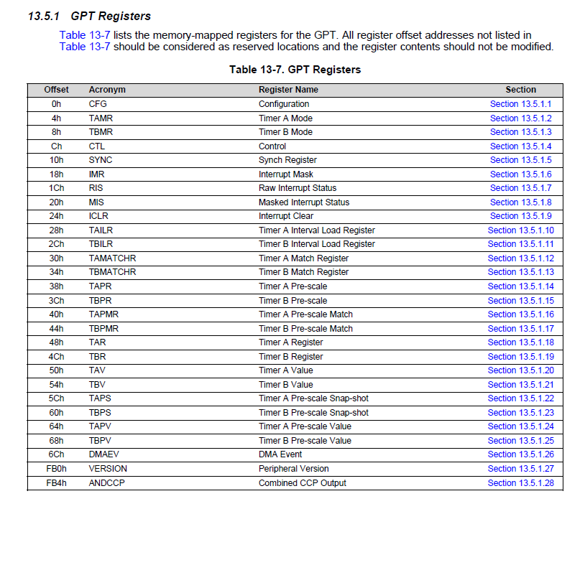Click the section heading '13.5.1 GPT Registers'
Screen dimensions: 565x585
point(89,16)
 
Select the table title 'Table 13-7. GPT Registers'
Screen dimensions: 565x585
point(295,70)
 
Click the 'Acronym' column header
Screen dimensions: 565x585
point(107,90)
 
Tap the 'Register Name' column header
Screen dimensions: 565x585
point(288,90)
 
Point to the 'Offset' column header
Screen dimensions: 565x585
point(57,90)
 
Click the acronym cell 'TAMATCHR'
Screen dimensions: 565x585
point(112,258)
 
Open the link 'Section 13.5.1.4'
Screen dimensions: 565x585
point(521,146)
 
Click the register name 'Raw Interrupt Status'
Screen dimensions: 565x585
point(298,188)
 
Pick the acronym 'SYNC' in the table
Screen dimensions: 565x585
point(101,160)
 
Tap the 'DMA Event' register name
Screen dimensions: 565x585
point(280,454)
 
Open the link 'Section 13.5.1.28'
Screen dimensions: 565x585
point(521,483)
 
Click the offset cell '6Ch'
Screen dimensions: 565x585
point(57,454)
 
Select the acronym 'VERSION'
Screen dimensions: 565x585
point(107,469)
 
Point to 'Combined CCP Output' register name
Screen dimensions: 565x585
point(303,483)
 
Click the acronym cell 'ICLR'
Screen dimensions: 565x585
point(99,216)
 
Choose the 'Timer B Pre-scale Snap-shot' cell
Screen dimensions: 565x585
point(313,413)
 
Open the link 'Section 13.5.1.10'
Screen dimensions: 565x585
point(521,230)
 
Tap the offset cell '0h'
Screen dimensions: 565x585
point(57,104)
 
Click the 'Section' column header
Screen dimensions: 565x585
point(521,90)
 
